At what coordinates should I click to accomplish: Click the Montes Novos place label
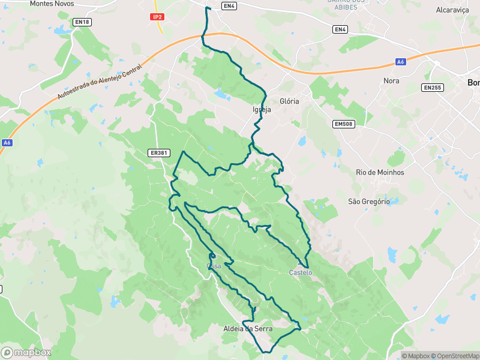tap(52, 4)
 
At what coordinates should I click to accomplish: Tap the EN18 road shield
tap(82, 22)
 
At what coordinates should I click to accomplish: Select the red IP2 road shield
tap(157, 17)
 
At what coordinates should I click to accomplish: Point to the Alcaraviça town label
tap(452, 10)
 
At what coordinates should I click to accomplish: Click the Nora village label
tap(391, 80)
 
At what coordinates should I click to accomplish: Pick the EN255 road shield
tap(432, 88)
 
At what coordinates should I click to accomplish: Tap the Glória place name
tap(289, 101)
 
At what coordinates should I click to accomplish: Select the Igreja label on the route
tap(262, 110)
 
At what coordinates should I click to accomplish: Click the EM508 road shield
tap(343, 124)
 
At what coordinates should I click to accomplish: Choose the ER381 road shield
tap(158, 153)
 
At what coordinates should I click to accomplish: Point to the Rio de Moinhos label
tap(380, 172)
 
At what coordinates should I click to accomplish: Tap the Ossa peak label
tap(214, 266)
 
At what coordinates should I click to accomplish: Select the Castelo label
tap(301, 272)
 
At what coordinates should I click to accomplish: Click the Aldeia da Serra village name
tap(248, 329)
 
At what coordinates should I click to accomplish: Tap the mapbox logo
tap(26, 353)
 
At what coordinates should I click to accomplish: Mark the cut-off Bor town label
tap(473, 83)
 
